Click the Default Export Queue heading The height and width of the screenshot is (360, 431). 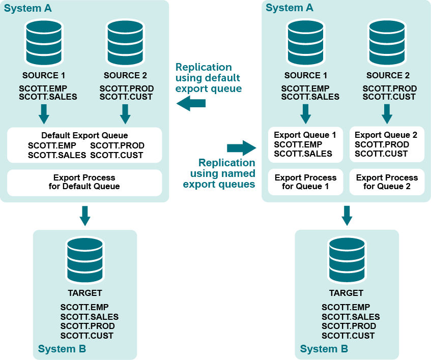tap(84, 136)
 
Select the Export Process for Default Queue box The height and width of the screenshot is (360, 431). tap(84, 182)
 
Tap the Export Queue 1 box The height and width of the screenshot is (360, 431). tap(305, 144)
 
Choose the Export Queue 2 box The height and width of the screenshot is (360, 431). tap(387, 144)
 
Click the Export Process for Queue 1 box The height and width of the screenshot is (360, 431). tap(305, 182)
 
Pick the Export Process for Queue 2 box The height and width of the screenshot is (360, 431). tap(387, 182)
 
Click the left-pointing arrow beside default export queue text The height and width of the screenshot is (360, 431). tap(191, 104)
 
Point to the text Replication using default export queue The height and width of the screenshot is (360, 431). tap(208, 78)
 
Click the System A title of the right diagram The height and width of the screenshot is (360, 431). tap(290, 8)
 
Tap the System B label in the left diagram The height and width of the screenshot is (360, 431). tap(62, 349)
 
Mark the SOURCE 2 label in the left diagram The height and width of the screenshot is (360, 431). tap(125, 75)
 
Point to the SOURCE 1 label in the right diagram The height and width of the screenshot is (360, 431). tap(305, 75)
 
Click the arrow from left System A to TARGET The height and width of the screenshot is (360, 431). tap(85, 216)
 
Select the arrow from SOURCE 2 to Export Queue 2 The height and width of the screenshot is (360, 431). tap(387, 114)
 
